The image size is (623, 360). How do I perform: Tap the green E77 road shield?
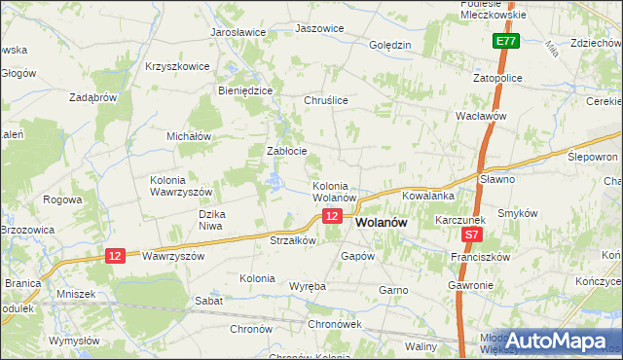(x=504, y=42)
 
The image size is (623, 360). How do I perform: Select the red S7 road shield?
(x=471, y=234)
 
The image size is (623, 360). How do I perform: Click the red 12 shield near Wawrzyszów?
(x=116, y=255)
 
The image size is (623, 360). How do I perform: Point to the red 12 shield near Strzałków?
(x=333, y=216)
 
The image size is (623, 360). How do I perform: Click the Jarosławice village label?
(x=238, y=32)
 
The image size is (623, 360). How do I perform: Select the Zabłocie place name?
(x=287, y=151)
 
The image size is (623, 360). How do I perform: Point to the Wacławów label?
(x=483, y=116)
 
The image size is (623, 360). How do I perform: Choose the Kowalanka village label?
(x=428, y=196)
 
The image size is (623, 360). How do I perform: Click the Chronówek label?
(x=334, y=324)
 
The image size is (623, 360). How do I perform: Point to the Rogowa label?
(x=62, y=199)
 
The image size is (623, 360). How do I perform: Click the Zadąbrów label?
(x=93, y=97)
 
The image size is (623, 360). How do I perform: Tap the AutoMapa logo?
(x=561, y=341)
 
